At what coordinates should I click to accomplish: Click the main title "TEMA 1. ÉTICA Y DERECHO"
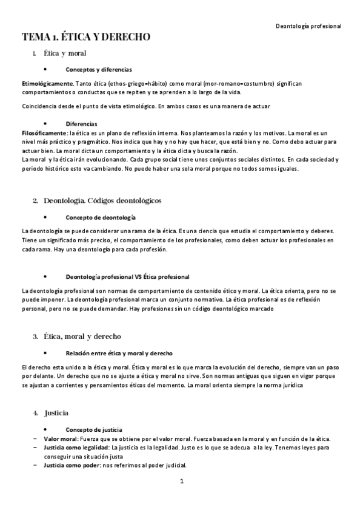click(x=86, y=38)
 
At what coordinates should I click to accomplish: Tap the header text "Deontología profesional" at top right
click(x=308, y=26)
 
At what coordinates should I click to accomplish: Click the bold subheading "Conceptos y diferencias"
click(x=98, y=70)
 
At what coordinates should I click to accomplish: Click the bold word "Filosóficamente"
click(x=44, y=132)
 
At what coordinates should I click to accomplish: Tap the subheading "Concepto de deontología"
click(x=101, y=217)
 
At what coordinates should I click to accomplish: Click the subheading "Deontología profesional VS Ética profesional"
click(x=127, y=277)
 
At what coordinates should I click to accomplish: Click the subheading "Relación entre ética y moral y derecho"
click(x=119, y=353)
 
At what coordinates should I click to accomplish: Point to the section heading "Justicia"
click(x=56, y=413)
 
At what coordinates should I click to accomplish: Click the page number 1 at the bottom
click(x=181, y=482)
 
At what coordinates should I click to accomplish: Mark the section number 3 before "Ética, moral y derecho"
click(x=36, y=336)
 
